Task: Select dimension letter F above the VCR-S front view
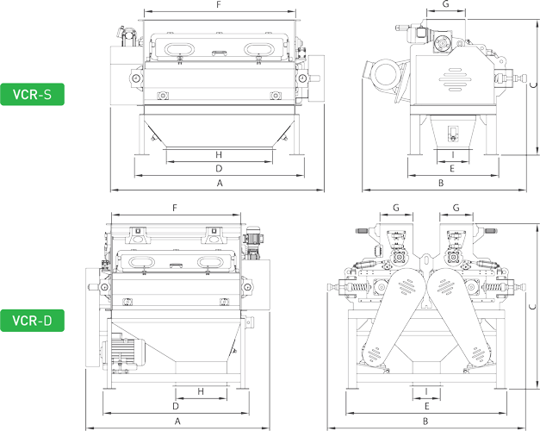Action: [220, 5]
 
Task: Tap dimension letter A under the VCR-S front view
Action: [220, 184]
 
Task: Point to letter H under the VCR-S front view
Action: [220, 153]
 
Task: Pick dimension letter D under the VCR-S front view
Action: [220, 168]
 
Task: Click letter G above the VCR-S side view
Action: [445, 5]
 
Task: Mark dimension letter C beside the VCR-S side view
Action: [533, 84]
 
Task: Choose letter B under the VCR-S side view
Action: [440, 184]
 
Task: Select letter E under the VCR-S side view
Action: [452, 168]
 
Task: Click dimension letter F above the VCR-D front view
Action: [175, 209]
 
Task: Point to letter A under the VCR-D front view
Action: [177, 422]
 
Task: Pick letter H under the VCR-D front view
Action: [200, 391]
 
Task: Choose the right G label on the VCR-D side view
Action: [456, 208]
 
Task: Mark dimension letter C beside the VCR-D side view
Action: [533, 306]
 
